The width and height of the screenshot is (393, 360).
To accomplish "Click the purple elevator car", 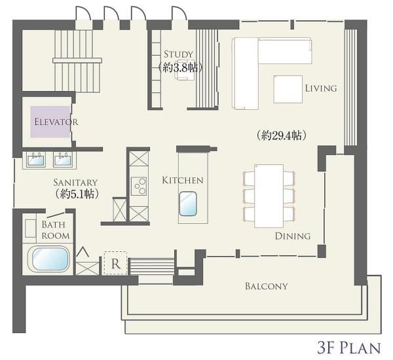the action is tap(50, 122).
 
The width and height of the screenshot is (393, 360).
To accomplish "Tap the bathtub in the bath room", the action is tap(48, 259).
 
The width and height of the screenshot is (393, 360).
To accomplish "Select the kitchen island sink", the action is tap(188, 204).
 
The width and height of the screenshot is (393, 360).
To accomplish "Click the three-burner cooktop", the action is tap(139, 186).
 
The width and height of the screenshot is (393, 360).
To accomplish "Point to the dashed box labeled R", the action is tap(115, 263).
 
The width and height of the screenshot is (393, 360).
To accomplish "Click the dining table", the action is tap(269, 196).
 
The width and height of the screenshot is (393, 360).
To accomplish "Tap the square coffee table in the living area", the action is tap(288, 89).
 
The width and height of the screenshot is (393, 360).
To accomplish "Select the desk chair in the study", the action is tap(185, 70).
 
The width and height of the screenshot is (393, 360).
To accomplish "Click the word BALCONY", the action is tap(266, 286).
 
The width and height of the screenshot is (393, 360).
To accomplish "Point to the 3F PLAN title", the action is tap(349, 348).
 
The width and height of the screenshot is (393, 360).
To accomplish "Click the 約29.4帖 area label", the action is tap(281, 135).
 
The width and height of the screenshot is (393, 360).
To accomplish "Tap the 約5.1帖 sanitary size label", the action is tap(77, 194).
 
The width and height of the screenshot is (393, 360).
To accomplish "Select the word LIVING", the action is tap(321, 88).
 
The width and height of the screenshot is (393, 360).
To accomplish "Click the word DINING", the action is tap(293, 236).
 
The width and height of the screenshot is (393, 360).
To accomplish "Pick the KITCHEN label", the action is tap(183, 180).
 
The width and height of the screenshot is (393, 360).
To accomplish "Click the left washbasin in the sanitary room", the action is tap(36, 160).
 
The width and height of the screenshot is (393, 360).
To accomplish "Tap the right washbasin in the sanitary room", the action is tap(63, 160).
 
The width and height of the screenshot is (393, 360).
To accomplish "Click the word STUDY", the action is tap(178, 54).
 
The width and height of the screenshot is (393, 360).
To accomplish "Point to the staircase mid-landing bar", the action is tap(77, 60).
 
